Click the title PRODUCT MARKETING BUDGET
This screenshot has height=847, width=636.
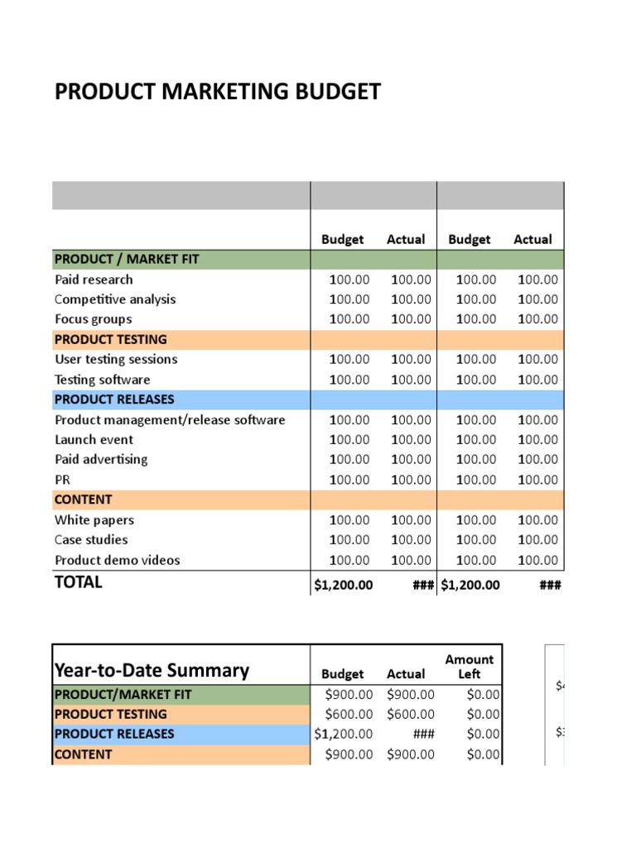(x=218, y=92)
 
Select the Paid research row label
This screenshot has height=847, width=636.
(x=94, y=280)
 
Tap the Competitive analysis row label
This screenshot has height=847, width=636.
(x=115, y=299)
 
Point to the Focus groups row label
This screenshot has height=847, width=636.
(x=93, y=319)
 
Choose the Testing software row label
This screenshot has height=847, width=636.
(x=103, y=380)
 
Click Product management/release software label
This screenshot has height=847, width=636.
(x=170, y=420)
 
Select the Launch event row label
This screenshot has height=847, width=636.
(x=94, y=440)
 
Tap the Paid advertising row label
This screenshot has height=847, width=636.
(x=101, y=460)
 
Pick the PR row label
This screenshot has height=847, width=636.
(x=63, y=480)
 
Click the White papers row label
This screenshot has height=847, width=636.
(x=94, y=520)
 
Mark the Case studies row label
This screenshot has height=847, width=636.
(x=91, y=540)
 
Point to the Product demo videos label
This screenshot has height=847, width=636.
(x=117, y=560)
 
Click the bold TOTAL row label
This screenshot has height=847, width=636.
(x=79, y=582)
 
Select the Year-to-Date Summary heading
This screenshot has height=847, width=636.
(x=152, y=670)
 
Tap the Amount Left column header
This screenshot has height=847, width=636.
(x=469, y=667)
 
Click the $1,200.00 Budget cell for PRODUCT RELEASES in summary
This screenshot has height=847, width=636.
(x=343, y=734)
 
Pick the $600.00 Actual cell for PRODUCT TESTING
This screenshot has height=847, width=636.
(x=410, y=714)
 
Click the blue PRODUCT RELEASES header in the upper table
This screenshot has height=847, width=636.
(x=114, y=400)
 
